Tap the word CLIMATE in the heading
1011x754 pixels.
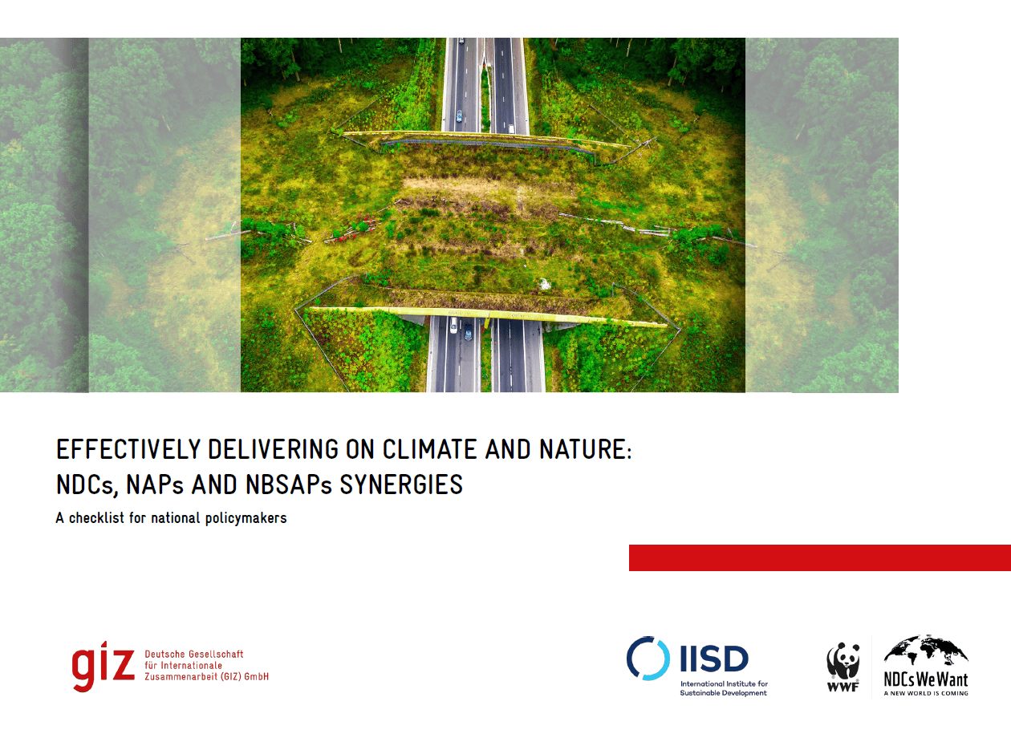point(429,449)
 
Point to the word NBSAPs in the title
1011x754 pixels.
point(288,484)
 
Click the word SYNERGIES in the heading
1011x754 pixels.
point(401,484)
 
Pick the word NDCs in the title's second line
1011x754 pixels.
point(87,485)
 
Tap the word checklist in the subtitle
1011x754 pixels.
point(97,518)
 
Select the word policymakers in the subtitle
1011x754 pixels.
point(246,518)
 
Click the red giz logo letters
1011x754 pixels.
point(104,666)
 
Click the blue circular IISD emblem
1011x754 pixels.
point(648,659)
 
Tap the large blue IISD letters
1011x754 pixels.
point(714,659)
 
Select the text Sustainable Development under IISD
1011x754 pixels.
point(723,693)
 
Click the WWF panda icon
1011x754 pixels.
point(842,661)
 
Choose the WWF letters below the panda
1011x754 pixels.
point(842,687)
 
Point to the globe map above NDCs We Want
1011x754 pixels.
point(926,650)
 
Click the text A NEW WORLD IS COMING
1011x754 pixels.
point(926,693)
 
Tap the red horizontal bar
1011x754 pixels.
point(820,558)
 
